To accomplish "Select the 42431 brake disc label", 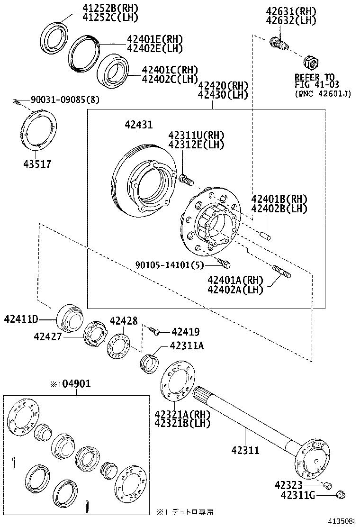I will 139,125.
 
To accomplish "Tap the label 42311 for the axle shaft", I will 245,449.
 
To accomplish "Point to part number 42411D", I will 27,318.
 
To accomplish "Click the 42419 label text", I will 185,332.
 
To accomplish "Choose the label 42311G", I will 297,495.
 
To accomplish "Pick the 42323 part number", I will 290,485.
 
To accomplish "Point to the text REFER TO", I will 315,77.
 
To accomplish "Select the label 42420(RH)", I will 223,86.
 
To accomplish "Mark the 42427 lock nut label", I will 48,336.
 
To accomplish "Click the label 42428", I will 124,321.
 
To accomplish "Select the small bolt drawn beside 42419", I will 154,331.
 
